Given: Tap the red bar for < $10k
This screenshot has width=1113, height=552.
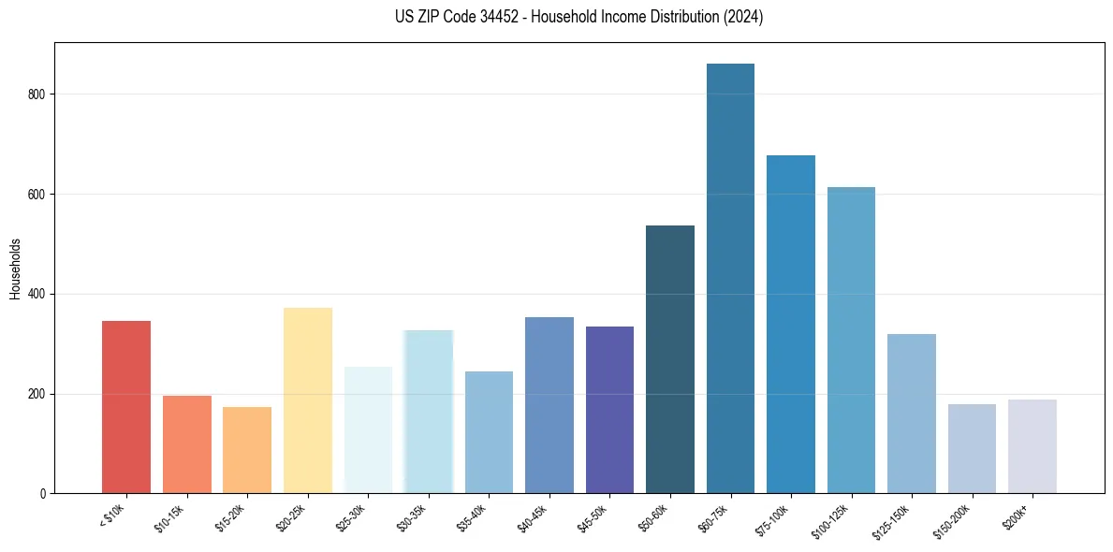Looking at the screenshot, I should tap(126, 407).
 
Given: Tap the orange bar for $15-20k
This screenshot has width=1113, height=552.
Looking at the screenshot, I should tap(247, 450).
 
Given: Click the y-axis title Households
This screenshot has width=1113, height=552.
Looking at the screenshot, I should tap(16, 268).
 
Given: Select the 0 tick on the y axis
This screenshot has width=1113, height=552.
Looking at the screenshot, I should tap(48, 494).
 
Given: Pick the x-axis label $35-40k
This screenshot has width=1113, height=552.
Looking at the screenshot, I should tap(475, 516).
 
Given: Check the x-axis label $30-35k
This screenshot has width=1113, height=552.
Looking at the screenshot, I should tap(414, 516).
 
